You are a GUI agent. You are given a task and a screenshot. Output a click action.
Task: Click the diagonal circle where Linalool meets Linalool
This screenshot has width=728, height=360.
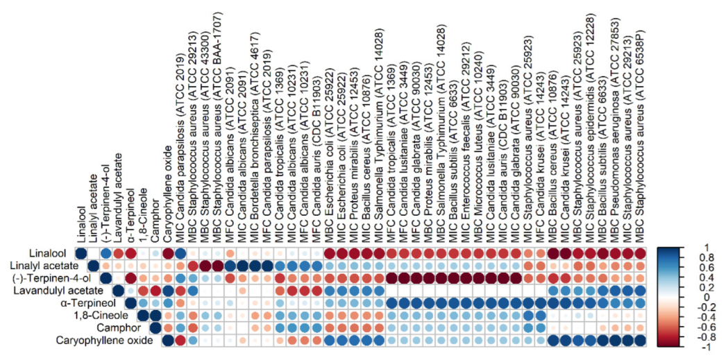pos(81,253)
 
